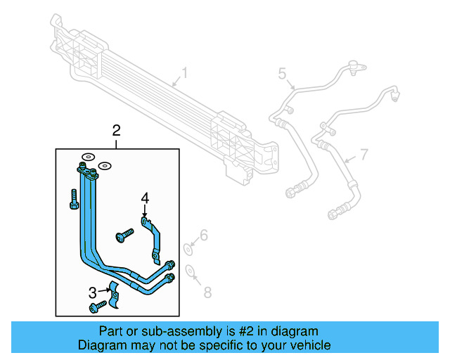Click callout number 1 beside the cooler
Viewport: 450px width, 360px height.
[x=185, y=73]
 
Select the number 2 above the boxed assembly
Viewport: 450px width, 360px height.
[x=117, y=131]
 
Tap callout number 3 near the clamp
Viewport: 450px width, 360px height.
[x=92, y=292]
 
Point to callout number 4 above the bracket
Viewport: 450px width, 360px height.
[x=144, y=198]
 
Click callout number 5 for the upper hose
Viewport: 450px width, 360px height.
[x=282, y=73]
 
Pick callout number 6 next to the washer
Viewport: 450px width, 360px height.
[x=205, y=235]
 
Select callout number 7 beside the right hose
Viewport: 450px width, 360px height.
[x=364, y=154]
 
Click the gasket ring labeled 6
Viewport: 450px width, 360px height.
[x=189, y=247]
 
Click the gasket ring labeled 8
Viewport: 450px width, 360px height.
[x=191, y=270]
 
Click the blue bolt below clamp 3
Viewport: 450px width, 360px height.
[x=97, y=306]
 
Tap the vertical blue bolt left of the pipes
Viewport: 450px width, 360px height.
[x=72, y=198]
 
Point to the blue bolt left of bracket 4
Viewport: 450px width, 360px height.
[x=124, y=236]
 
